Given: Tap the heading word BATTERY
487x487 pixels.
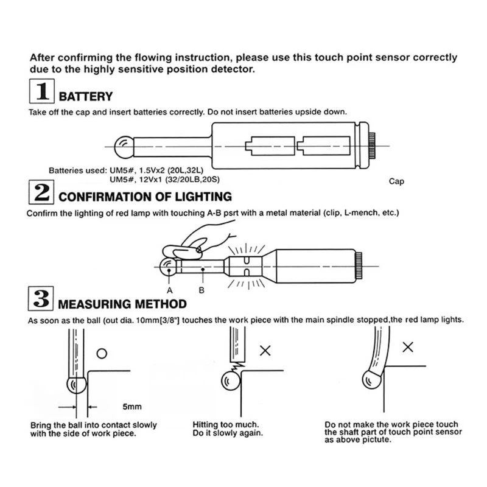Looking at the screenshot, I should pyautogui.click(x=86, y=96).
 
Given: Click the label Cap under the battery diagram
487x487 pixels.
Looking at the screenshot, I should pyautogui.click(x=396, y=181).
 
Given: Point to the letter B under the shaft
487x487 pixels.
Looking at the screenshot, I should pyautogui.click(x=201, y=290).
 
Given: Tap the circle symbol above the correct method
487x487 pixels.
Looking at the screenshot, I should pyautogui.click(x=102, y=352).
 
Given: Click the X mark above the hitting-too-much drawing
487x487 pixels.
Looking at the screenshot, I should pyautogui.click(x=265, y=350).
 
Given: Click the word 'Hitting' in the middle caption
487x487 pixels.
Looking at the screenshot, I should pyautogui.click(x=206, y=424).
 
